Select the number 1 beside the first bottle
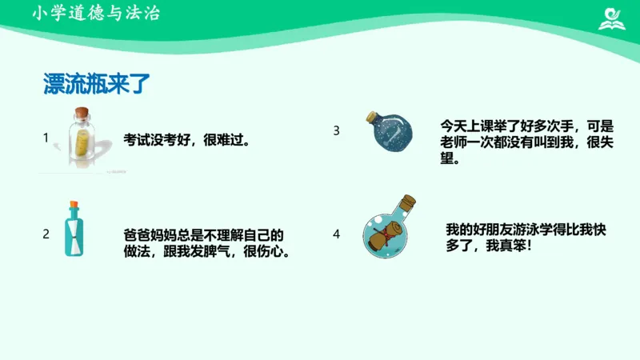coord(46,138)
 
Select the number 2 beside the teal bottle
coord(46,234)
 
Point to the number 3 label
coord(337,130)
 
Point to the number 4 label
coord(337,234)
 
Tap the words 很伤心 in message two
coord(264,251)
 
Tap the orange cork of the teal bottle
coord(74,205)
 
